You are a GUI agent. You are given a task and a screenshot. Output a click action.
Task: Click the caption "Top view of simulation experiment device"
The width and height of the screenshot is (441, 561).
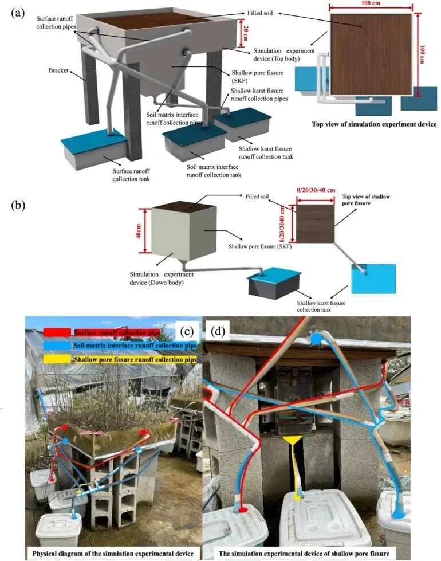375,124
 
